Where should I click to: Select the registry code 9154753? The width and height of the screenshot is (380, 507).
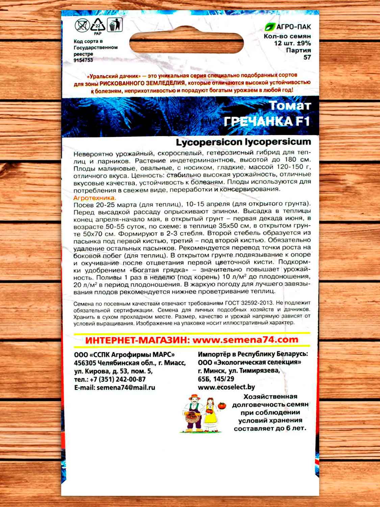83,60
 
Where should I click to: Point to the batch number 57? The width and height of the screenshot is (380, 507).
307,57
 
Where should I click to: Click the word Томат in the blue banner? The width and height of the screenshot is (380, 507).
289,106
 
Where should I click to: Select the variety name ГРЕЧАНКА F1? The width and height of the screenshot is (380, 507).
267,121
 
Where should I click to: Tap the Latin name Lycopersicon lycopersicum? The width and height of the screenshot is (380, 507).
243,142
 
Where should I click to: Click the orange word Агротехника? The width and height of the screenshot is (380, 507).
94,198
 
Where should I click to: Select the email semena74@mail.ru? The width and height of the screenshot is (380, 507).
126,388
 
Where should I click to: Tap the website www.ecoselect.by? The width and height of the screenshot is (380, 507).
226,387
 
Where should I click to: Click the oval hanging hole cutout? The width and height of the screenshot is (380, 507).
186,44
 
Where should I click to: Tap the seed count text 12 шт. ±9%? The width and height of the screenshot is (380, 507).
293,43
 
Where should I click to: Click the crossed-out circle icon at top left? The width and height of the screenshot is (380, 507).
81,25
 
